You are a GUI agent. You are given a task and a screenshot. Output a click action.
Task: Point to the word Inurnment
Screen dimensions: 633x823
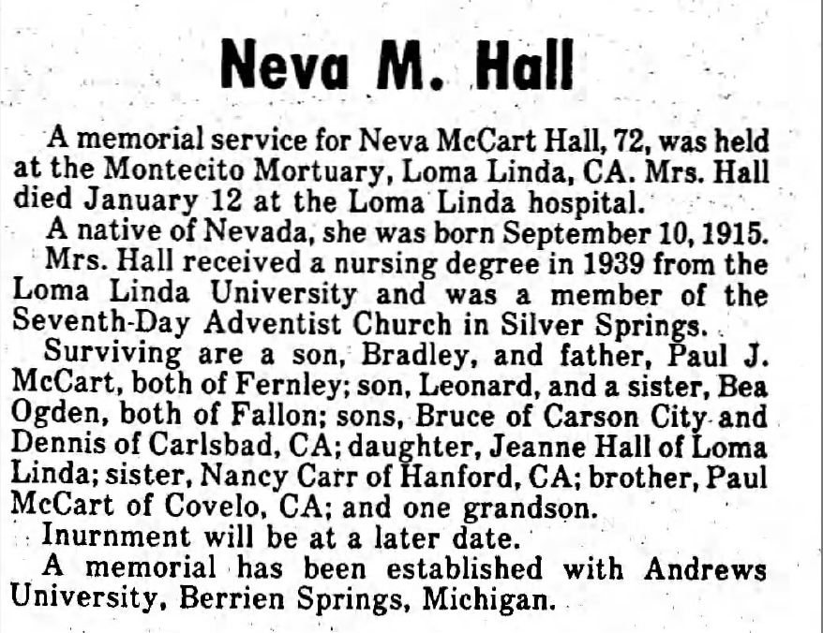(104, 539)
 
